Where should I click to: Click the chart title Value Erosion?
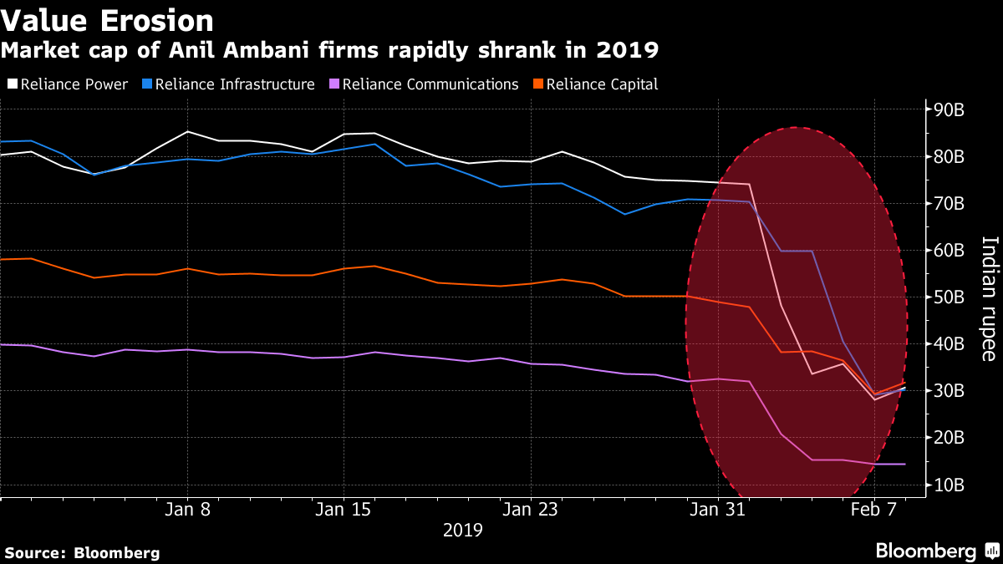coord(107,20)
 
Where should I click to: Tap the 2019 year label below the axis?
coord(462,530)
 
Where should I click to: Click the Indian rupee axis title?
coord(989,298)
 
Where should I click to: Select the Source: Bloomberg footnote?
coord(82,552)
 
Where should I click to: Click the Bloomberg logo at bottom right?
coord(936,551)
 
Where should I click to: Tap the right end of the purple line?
coord(904,464)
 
